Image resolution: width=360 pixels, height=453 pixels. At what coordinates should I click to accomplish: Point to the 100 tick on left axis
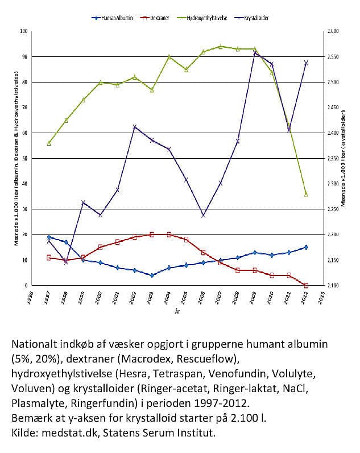pyautogui.click(x=24, y=31)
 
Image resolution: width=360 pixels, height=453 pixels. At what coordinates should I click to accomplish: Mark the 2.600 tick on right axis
pyautogui.click(x=332, y=31)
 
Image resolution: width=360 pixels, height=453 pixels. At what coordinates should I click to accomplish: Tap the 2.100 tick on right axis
pyautogui.click(x=332, y=285)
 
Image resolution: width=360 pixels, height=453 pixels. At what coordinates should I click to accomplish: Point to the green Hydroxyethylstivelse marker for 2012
pyautogui.click(x=306, y=194)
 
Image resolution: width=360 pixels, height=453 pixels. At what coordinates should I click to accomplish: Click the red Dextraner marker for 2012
pyautogui.click(x=306, y=285)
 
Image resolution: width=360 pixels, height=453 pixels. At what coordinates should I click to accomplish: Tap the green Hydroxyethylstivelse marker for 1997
pyautogui.click(x=49, y=143)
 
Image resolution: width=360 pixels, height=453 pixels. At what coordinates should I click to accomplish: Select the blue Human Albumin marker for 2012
pyautogui.click(x=306, y=247)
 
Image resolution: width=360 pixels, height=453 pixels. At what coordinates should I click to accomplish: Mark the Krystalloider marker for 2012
pyautogui.click(x=306, y=63)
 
